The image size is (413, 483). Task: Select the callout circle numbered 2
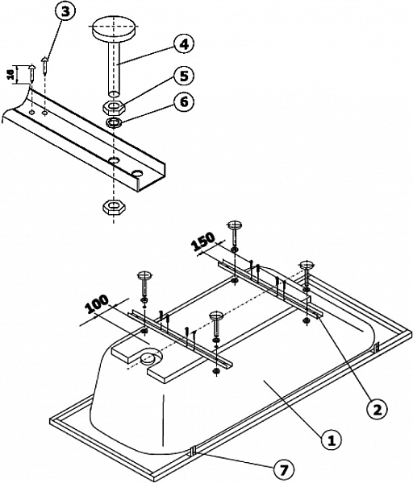click(x=373, y=407)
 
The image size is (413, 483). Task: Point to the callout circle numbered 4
click(x=184, y=43)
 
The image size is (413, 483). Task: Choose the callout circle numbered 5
click(x=183, y=78)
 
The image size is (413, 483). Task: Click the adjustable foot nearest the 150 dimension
click(x=235, y=227)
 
